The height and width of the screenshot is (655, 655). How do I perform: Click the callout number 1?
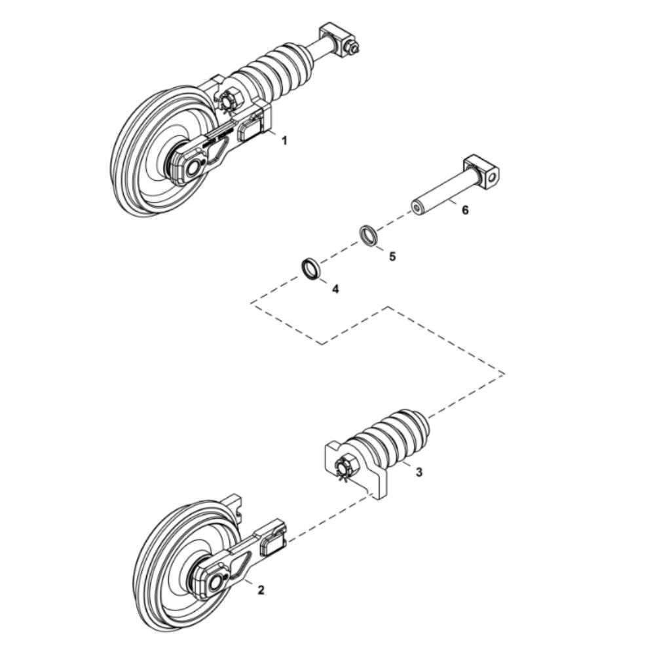pyautogui.click(x=284, y=140)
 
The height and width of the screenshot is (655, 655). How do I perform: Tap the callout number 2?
pyautogui.click(x=261, y=590)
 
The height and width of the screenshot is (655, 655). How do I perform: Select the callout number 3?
pyautogui.click(x=419, y=472)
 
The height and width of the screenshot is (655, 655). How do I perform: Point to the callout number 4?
pyautogui.click(x=335, y=289)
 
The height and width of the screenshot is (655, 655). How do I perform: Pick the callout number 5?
pyautogui.click(x=392, y=256)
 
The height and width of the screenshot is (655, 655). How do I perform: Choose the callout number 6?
pyautogui.click(x=465, y=210)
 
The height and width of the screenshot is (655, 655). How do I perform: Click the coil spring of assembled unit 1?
pyautogui.click(x=278, y=65)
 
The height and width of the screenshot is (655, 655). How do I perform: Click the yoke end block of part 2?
pyautogui.click(x=272, y=540)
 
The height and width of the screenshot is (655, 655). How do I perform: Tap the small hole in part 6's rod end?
pyautogui.click(x=416, y=207)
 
